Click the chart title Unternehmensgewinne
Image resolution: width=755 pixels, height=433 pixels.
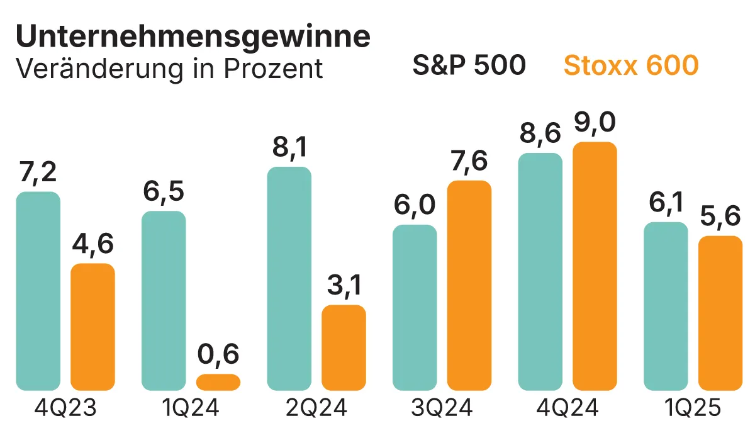click(x=193, y=38)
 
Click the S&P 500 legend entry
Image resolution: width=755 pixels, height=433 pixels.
click(x=469, y=65)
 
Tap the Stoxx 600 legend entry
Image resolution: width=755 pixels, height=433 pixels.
click(x=631, y=65)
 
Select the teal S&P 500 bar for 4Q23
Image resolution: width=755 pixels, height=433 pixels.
click(x=38, y=291)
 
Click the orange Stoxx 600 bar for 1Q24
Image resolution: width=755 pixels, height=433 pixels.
click(x=218, y=382)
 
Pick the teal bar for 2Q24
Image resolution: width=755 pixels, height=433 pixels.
click(x=289, y=279)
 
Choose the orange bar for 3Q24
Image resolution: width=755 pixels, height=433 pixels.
click(x=469, y=285)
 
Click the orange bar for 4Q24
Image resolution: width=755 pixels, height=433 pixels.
click(x=595, y=266)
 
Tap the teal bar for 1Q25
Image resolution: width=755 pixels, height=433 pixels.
click(x=666, y=306)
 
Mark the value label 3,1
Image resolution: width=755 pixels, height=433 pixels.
click(x=344, y=287)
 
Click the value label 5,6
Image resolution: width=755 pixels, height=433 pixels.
click(x=720, y=217)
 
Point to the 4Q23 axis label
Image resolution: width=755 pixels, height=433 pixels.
click(x=65, y=410)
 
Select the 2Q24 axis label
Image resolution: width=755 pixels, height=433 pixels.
click(x=316, y=410)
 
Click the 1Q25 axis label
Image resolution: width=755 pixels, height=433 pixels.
click(x=693, y=410)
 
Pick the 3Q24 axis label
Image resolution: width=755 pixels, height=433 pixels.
click(x=442, y=410)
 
